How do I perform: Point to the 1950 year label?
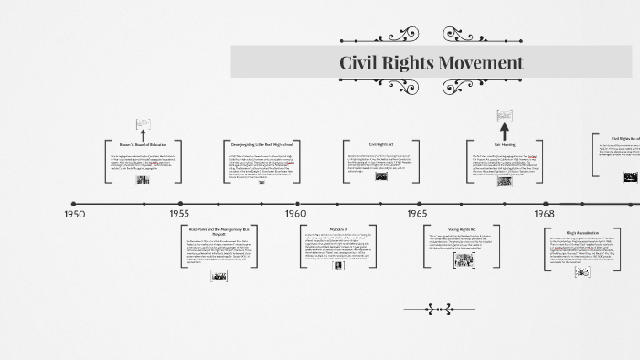coord(75,213)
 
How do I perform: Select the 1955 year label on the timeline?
coord(179,213)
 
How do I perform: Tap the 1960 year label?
coord(295,213)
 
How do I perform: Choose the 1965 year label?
coord(417,213)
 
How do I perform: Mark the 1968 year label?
coord(545,213)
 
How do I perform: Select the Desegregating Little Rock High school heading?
coord(261,144)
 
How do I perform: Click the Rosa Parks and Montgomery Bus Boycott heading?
coord(218,230)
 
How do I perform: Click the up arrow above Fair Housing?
coord(504,118)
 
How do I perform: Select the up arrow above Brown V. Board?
coord(142,124)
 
